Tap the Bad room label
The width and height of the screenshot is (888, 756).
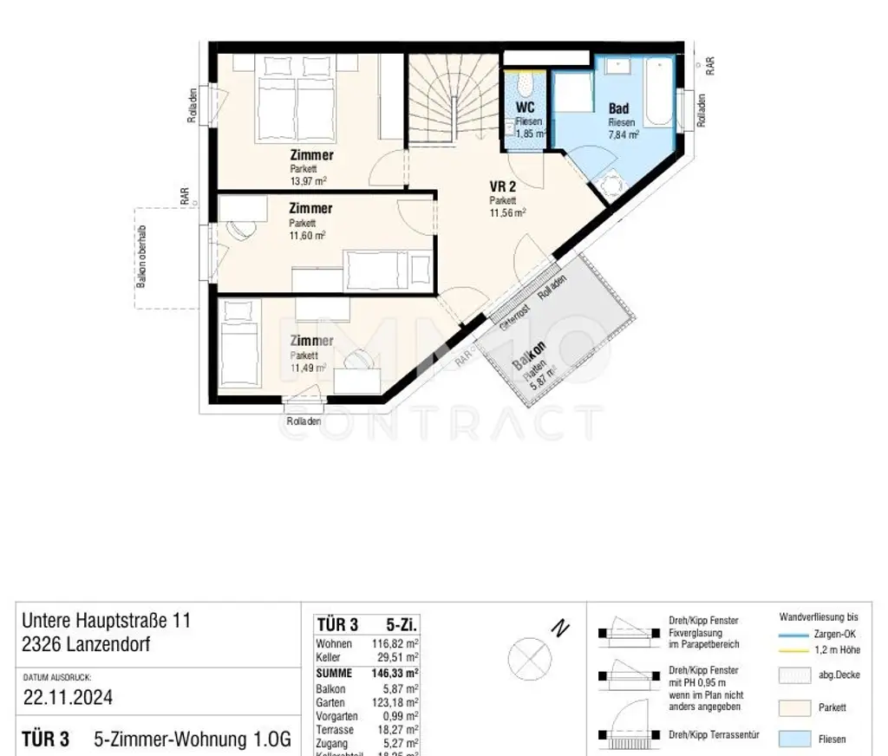tap(618, 109)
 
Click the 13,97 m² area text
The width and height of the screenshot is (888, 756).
tap(308, 181)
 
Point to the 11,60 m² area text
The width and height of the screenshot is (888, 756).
tap(308, 235)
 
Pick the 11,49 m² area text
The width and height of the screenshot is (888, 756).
tap(308, 367)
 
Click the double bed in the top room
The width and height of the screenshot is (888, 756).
tap(296, 105)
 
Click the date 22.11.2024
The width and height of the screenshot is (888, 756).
tap(68, 698)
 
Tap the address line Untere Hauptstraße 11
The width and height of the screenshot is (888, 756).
tap(106, 621)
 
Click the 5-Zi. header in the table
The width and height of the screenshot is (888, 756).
tap(402, 624)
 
